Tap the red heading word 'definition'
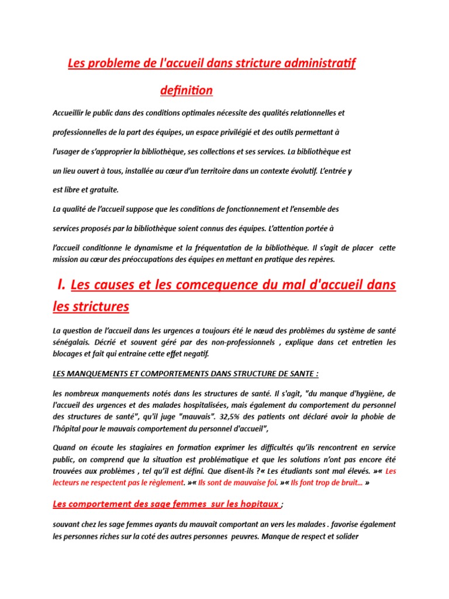point(186,91)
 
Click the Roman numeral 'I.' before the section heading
point(61,285)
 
